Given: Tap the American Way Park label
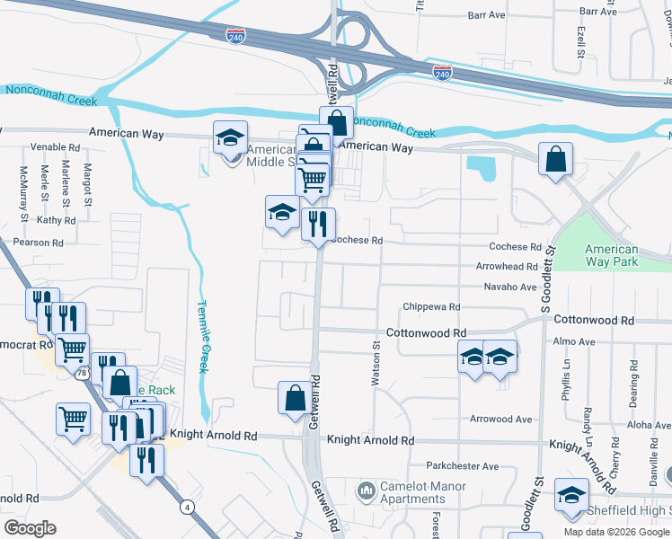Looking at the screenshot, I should click(x=611, y=256).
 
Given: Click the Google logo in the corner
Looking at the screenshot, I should click(x=30, y=528).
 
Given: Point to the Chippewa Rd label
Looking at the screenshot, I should click(x=431, y=306).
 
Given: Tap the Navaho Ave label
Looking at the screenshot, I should click(x=509, y=287).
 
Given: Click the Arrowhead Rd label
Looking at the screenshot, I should click(x=506, y=267).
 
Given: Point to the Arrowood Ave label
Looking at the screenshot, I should click(x=502, y=420).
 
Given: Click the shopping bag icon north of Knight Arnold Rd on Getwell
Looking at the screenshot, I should click(x=295, y=398).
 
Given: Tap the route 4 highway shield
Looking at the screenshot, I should click(x=186, y=508).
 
